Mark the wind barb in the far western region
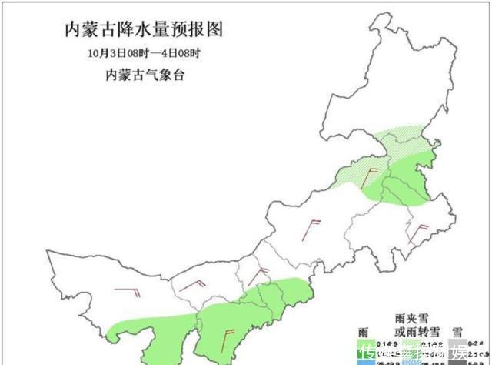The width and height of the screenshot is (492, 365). click(128, 290)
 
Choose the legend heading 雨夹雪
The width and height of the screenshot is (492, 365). click(411, 318)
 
